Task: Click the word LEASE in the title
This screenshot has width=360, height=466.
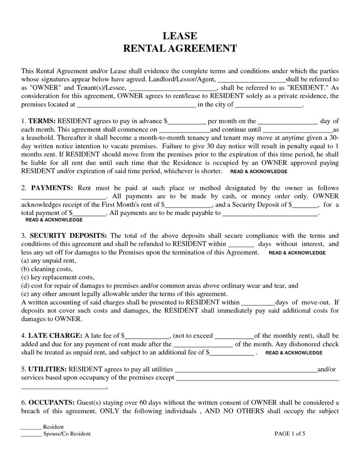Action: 180,36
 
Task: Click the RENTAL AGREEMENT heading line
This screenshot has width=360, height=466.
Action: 180,48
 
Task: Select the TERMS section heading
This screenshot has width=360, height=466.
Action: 42,121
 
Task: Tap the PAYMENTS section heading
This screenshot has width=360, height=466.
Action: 52,188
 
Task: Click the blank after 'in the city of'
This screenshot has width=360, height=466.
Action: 269,104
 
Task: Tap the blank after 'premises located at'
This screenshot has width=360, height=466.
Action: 136,104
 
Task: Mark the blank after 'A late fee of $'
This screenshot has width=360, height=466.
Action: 147,336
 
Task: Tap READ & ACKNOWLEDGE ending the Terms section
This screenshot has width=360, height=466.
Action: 258,172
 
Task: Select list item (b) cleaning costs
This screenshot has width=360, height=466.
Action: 46,269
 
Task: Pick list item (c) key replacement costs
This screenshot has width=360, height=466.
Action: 57,277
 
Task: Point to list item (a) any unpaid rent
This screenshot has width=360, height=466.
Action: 48,260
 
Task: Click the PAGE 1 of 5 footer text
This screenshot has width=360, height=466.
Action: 292,434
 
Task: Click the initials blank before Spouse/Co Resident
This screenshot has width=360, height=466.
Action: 31,434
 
